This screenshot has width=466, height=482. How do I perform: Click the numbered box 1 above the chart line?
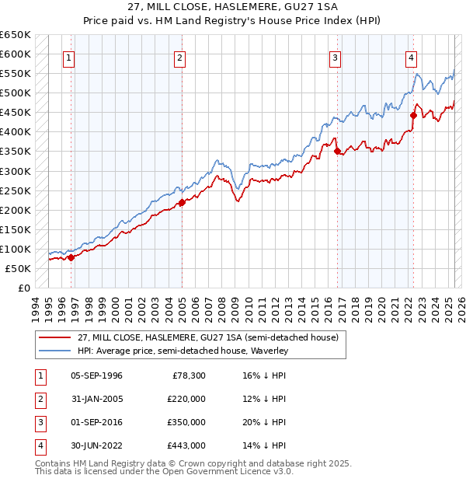click(69, 57)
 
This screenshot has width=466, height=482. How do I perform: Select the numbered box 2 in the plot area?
click(179, 57)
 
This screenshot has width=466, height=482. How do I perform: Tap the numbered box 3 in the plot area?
click(335, 57)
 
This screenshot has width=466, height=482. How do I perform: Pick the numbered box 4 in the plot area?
click(410, 57)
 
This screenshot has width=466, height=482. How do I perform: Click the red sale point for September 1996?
click(71, 257)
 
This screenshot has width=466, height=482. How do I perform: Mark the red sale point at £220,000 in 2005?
click(182, 202)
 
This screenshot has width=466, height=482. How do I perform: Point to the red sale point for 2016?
click(337, 152)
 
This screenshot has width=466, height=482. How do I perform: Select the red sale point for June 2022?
click(413, 116)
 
